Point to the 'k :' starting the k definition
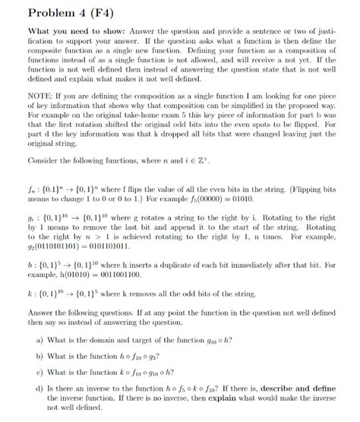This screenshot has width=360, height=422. click(33, 313)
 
